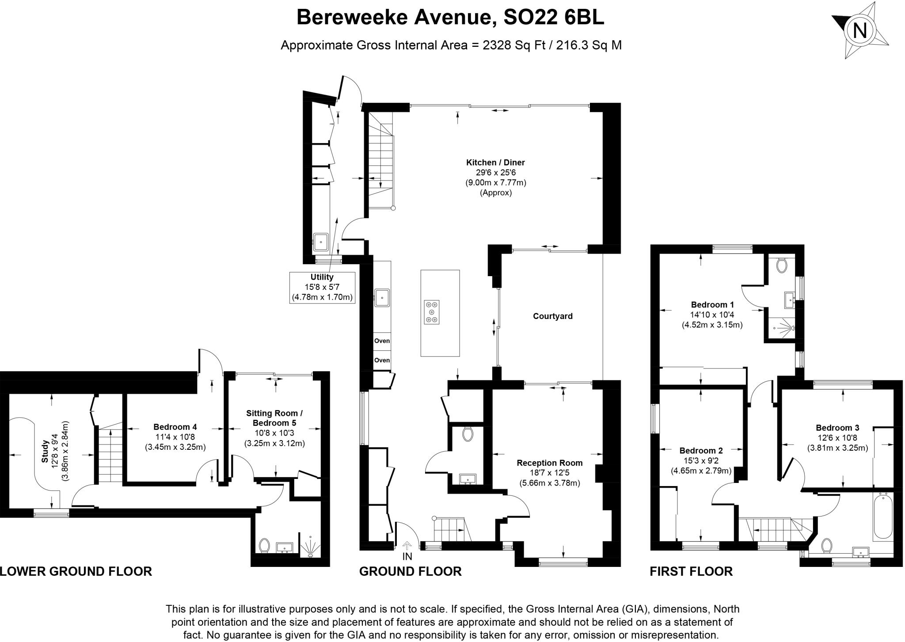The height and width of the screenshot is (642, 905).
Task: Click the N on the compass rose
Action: [x=859, y=30]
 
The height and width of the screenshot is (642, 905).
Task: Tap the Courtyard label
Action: [x=552, y=316]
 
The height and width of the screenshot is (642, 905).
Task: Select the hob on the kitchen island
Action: [x=432, y=312]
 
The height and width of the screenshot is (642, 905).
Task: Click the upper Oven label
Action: [x=382, y=341]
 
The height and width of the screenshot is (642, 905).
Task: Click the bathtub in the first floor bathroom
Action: [x=882, y=517]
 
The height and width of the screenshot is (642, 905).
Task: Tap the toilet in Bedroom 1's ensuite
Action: [x=782, y=266]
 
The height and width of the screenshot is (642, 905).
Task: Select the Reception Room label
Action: [x=549, y=463]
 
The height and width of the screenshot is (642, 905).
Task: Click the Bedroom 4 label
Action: [x=175, y=427]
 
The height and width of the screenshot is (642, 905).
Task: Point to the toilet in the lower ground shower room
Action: [x=265, y=545]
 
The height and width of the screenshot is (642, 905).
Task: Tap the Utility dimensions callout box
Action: [x=322, y=287]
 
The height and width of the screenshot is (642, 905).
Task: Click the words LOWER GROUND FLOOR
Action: [x=76, y=571]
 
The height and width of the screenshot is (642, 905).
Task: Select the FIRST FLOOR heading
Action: [x=691, y=571]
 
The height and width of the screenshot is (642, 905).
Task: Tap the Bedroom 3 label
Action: [x=837, y=428]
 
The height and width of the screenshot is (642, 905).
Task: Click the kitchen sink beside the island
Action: [x=382, y=298]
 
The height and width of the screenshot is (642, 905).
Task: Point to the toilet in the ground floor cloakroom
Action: [x=468, y=434]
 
